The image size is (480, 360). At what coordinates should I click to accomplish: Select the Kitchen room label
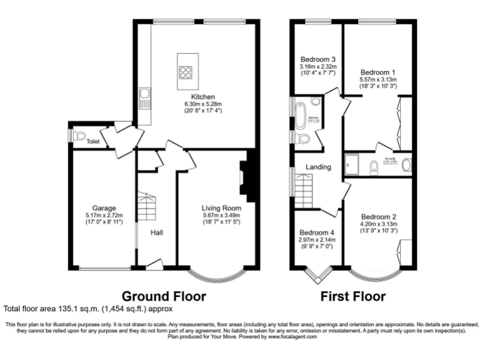click(x=203, y=96)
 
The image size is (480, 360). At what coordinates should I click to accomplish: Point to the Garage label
click(x=104, y=208)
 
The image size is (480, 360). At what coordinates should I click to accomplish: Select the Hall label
click(x=157, y=232)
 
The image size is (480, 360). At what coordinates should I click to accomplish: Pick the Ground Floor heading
click(x=163, y=296)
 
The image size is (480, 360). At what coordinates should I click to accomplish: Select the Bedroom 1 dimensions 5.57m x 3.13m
click(x=378, y=80)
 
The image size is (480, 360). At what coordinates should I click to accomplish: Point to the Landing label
click(x=318, y=167)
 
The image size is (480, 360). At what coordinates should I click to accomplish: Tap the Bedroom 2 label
click(x=378, y=216)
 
